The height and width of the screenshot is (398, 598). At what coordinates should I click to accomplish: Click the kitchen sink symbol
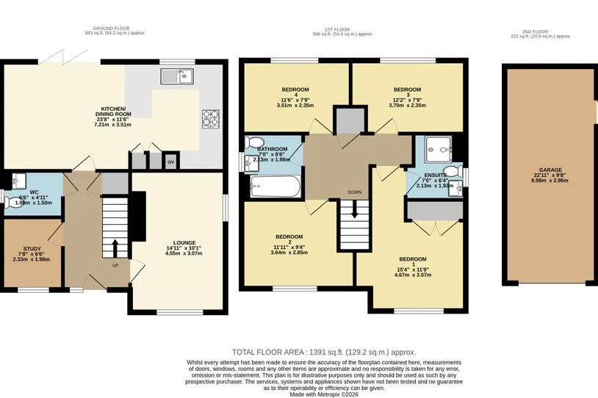(177, 76)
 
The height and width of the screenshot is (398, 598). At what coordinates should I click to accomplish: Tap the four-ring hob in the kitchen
(211, 119)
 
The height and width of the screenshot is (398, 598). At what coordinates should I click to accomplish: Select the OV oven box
(170, 162)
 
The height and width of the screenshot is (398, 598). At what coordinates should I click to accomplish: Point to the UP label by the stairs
(115, 265)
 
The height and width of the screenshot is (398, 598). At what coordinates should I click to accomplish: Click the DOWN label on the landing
(354, 192)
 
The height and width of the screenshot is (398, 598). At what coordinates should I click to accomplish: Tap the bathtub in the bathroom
(275, 187)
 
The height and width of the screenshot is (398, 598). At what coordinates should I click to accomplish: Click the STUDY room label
(32, 249)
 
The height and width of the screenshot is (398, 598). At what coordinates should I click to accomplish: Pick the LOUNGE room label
(184, 242)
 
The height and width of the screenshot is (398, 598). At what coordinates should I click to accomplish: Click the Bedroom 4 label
(295, 92)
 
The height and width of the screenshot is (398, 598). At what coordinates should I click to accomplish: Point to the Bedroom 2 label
(290, 239)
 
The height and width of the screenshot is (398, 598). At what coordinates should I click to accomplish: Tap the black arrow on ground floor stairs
(115, 248)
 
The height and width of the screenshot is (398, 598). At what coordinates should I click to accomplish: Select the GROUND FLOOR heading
(112, 28)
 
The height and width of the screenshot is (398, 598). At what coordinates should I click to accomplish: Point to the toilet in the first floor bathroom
(252, 142)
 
